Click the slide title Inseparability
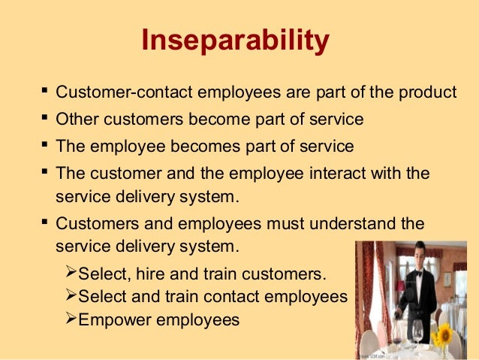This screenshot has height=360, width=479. click(235, 41)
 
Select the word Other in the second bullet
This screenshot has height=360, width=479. click(77, 119)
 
